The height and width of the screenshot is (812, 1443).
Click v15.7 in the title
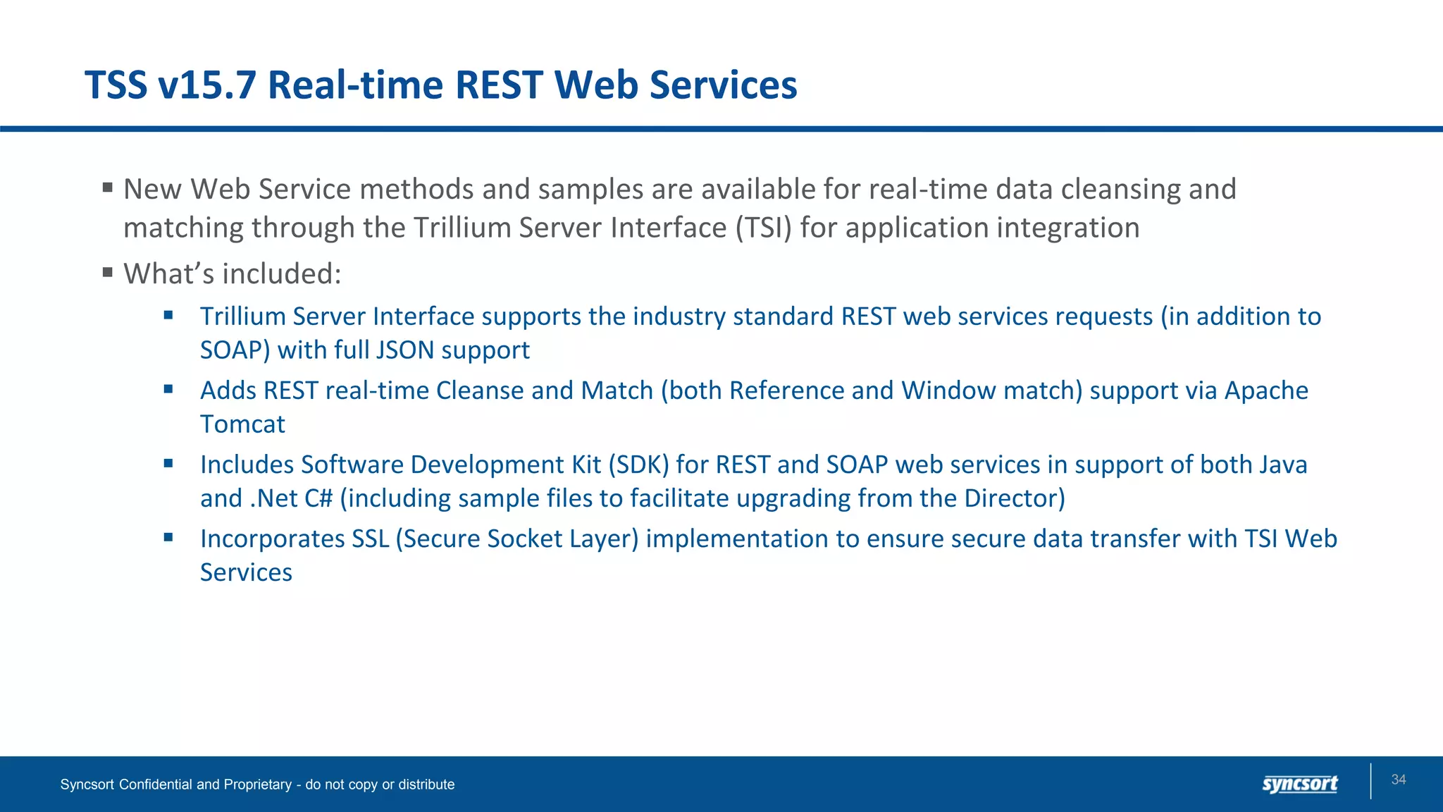pos(206,85)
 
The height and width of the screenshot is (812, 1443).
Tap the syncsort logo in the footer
pos(1299,784)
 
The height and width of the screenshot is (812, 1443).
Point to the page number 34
pos(1398,780)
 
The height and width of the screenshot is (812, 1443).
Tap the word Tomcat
pos(242,424)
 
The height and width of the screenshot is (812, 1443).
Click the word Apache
pos(1265,390)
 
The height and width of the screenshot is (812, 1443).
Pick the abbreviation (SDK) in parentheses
pos(638,465)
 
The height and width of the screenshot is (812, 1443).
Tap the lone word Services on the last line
pos(246,572)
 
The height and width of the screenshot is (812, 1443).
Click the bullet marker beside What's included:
pos(107,272)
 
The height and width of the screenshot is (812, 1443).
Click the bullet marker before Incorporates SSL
pos(168,537)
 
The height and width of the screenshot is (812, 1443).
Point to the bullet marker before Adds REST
pos(168,389)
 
